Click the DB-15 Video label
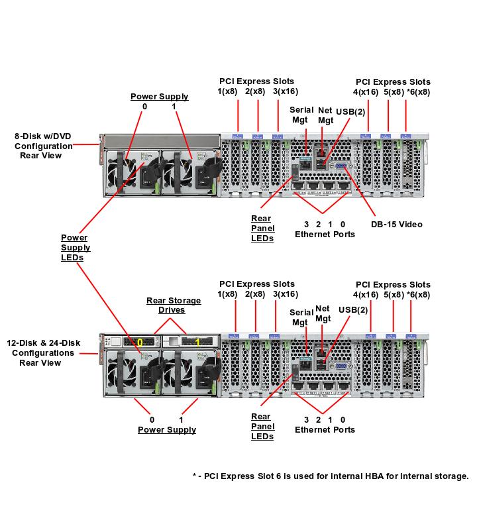396,225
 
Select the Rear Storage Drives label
174,305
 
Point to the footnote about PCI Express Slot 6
330,476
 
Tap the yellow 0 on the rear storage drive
140,343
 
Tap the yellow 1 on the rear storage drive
198,343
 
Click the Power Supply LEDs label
75,248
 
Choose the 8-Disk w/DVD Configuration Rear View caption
43,146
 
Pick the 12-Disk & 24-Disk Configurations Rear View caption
43,352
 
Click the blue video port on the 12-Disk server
340,365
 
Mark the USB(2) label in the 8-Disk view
350,111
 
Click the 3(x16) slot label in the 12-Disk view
285,294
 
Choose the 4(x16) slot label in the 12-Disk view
365,294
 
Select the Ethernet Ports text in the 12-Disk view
325,429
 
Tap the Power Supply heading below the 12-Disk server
167,430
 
